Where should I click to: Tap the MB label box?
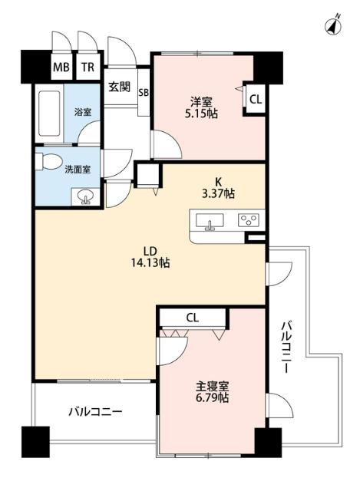tap(61, 67)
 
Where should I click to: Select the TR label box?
tap(89, 67)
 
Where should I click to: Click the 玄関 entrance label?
tap(119, 87)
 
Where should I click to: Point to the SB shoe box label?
tap(144, 94)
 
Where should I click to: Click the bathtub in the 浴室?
tap(49, 114)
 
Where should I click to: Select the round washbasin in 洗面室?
tap(85, 198)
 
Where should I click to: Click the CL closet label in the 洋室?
tap(256, 98)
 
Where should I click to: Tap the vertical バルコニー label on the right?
tap(286, 347)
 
